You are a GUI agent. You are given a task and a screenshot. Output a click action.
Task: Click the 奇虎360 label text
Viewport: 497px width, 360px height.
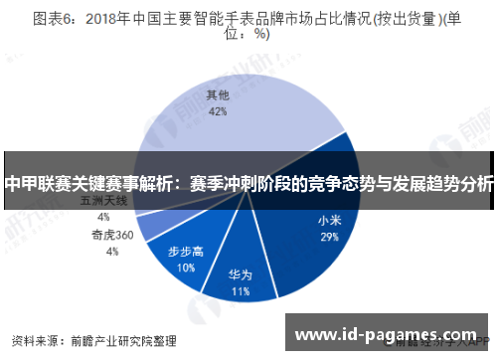112,236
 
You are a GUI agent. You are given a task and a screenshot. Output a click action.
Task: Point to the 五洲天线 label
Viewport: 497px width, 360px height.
103,200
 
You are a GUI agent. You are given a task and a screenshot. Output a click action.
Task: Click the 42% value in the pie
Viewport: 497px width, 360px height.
218,112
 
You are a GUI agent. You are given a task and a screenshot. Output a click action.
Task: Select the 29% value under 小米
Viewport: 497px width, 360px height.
329,238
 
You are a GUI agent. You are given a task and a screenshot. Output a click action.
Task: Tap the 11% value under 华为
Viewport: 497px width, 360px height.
240,292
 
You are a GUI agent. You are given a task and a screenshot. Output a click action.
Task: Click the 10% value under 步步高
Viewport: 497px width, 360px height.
186,268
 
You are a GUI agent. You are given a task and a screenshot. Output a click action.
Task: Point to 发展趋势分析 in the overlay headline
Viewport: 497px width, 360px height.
442,183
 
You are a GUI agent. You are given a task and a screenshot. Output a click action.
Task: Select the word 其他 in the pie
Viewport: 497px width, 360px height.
218,95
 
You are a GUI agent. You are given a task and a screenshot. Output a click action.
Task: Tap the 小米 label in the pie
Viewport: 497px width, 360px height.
329,221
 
